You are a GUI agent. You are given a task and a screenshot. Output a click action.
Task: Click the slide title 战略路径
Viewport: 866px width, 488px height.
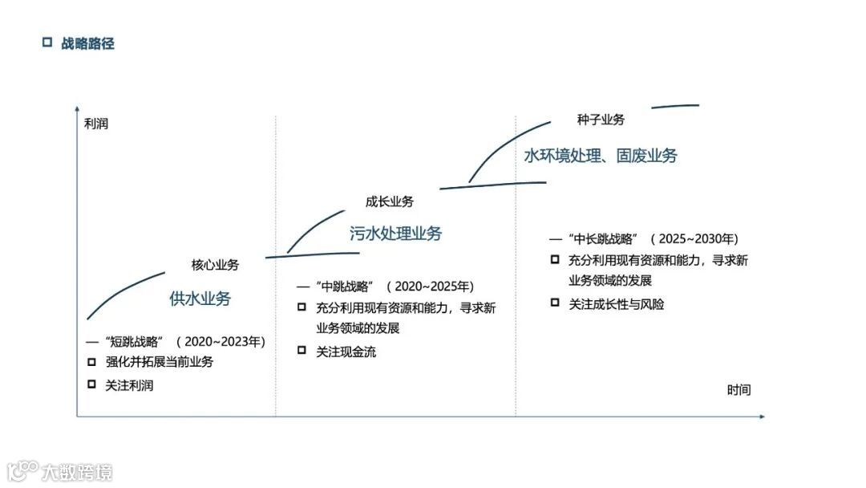pyautogui.click(x=87, y=43)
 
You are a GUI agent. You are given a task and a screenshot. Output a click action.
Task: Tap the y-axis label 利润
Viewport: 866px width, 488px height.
pyautogui.click(x=95, y=124)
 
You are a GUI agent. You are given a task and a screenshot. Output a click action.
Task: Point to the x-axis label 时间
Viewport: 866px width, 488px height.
pyautogui.click(x=739, y=390)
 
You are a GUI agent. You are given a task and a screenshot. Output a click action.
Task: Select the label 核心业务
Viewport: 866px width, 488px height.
pyautogui.click(x=215, y=264)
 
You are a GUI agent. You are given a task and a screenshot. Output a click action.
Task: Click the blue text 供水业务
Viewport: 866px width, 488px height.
pyautogui.click(x=200, y=299)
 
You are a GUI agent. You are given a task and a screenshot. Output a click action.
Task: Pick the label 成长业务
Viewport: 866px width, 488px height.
pyautogui.click(x=390, y=201)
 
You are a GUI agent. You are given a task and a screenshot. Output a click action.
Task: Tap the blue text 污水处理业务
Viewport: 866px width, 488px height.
pyautogui.click(x=395, y=234)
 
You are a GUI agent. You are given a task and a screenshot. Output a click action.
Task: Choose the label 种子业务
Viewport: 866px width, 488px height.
pyautogui.click(x=601, y=120)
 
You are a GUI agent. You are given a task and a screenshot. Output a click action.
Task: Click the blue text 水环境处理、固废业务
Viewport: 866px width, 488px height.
pyautogui.click(x=601, y=156)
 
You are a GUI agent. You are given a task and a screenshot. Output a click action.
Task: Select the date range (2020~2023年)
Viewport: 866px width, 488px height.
pyautogui.click(x=221, y=342)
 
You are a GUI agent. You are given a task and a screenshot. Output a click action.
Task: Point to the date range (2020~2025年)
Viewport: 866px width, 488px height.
pyautogui.click(x=430, y=286)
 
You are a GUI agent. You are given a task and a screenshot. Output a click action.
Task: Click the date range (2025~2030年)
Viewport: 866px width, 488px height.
pyautogui.click(x=694, y=239)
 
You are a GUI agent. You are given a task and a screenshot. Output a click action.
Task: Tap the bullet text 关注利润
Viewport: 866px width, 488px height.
pyautogui.click(x=129, y=385)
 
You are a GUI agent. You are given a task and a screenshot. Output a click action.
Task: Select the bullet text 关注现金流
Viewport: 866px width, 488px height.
pyautogui.click(x=346, y=352)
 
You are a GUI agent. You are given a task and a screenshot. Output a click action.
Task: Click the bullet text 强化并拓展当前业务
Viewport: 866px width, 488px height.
pyautogui.click(x=160, y=362)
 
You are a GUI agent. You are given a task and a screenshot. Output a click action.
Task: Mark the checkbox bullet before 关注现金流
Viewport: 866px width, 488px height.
pyautogui.click(x=301, y=350)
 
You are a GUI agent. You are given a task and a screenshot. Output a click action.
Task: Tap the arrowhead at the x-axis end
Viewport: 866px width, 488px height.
pyautogui.click(x=762, y=417)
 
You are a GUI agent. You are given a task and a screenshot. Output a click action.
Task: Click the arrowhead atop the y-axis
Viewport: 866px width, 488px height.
pyautogui.click(x=77, y=108)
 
